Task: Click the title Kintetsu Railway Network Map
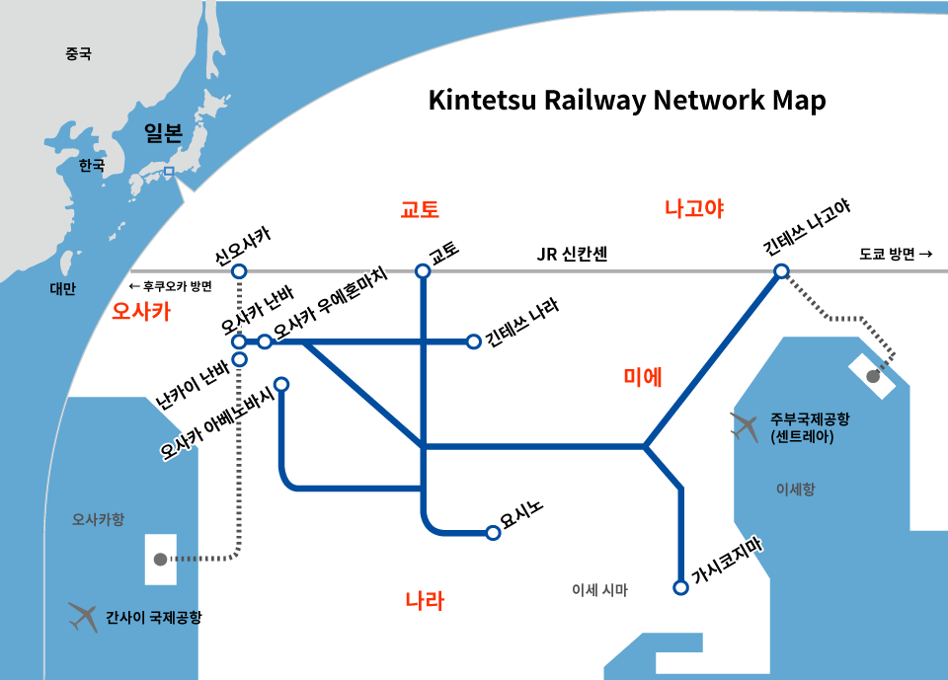(x=627, y=101)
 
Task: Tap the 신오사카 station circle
(x=239, y=271)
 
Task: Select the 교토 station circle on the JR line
(x=423, y=271)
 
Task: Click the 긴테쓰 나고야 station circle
(x=781, y=271)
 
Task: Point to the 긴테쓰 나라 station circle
(x=472, y=341)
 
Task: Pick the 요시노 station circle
(x=493, y=533)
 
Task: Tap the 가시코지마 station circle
(x=680, y=587)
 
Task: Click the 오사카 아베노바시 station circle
(x=281, y=384)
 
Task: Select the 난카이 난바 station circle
(x=239, y=359)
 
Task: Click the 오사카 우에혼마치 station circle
(x=265, y=341)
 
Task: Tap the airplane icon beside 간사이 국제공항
(x=84, y=617)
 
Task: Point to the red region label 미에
(x=643, y=377)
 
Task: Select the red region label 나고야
(x=694, y=208)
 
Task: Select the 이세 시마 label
(x=600, y=590)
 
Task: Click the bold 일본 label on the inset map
(x=163, y=132)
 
